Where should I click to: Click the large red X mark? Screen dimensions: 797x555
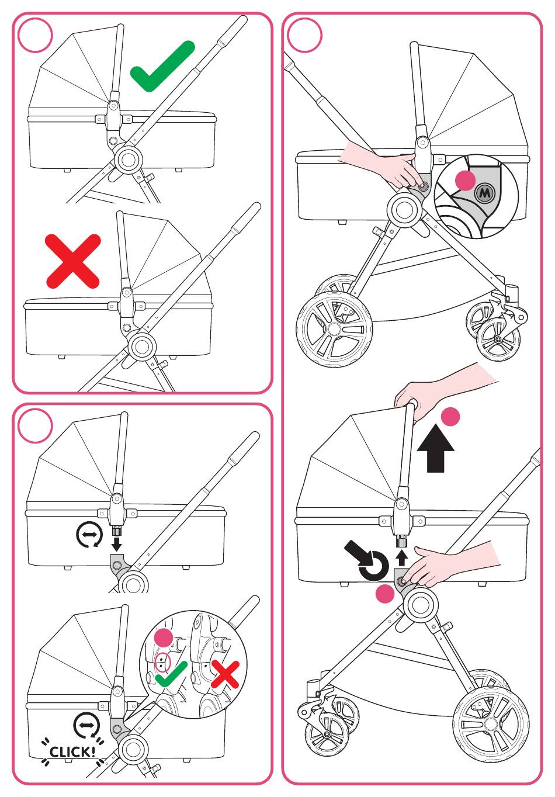pos(74,261)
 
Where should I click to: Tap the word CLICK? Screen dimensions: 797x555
pos(72,751)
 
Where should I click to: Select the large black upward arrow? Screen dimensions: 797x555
pos(436,449)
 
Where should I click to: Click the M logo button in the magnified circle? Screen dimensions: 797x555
pos(484,193)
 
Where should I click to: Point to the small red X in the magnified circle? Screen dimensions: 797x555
pos(225,674)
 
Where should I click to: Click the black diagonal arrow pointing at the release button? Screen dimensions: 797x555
pos(358,553)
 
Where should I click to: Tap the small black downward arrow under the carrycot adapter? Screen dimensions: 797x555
pos(117,544)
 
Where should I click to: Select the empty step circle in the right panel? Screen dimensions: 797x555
pos(304,35)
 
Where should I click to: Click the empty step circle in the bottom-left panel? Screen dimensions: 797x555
pos(35,426)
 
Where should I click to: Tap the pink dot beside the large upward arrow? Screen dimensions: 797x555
pos(450,417)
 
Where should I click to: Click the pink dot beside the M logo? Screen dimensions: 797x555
pos(465,181)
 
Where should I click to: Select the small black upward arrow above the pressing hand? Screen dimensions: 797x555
pos(401,556)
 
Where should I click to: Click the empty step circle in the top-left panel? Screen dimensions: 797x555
pos(35,35)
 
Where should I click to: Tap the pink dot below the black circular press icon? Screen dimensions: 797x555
pos(384,594)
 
